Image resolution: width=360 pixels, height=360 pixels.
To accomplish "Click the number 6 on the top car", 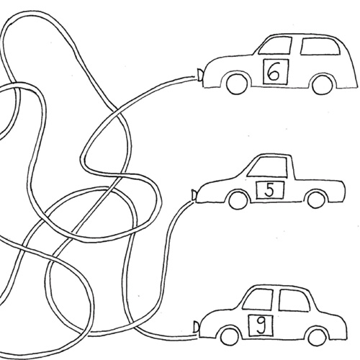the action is (x=274, y=72).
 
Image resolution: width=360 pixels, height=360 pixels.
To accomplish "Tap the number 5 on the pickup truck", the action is (x=270, y=190).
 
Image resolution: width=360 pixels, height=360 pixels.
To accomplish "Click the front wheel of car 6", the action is (x=237, y=84).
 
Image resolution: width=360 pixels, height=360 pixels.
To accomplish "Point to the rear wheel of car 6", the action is (x=323, y=85).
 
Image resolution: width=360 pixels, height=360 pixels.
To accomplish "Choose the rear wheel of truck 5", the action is (x=318, y=199).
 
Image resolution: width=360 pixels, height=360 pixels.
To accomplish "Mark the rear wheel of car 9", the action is (x=317, y=337).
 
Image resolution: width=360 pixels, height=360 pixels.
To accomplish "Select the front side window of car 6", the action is (x=276, y=45).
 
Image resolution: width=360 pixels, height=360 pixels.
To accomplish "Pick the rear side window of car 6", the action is (x=320, y=47).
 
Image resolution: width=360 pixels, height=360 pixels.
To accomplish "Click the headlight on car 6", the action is (x=199, y=73).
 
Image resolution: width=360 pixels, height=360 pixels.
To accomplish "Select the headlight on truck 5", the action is (x=194, y=194).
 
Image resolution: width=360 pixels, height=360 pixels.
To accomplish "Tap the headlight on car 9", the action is (x=197, y=327).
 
